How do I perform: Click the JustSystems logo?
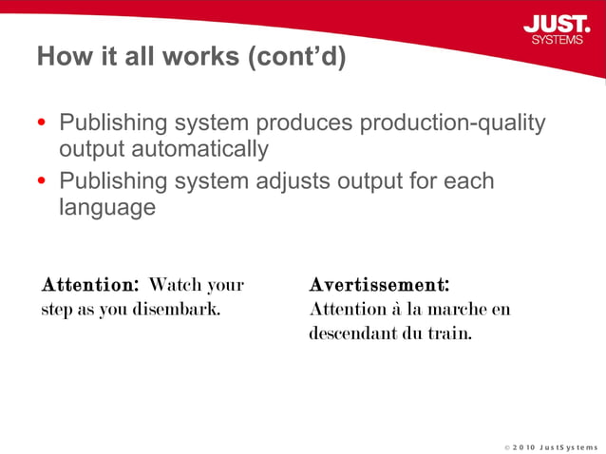coord(556,28)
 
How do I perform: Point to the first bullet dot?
coord(41,123)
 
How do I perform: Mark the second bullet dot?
coord(41,181)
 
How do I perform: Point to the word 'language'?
coord(107,207)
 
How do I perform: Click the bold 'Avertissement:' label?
coord(379,284)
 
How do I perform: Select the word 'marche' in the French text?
coord(456,309)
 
